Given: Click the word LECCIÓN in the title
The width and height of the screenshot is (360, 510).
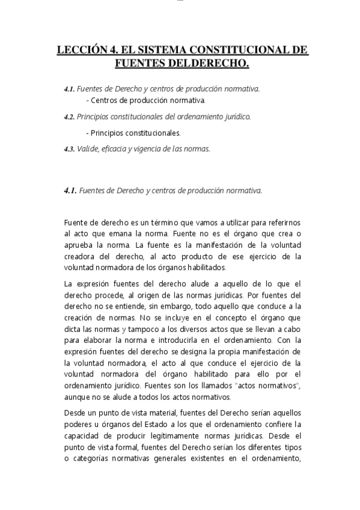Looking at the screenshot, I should [x=81, y=51].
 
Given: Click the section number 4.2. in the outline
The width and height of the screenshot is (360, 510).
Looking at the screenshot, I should [x=69, y=117].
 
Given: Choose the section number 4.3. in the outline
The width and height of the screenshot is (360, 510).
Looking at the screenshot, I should [x=69, y=149].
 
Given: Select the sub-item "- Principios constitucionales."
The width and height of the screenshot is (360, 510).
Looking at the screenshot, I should [x=133, y=133].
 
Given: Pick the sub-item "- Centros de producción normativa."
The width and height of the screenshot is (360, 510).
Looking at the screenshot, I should [x=146, y=100].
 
